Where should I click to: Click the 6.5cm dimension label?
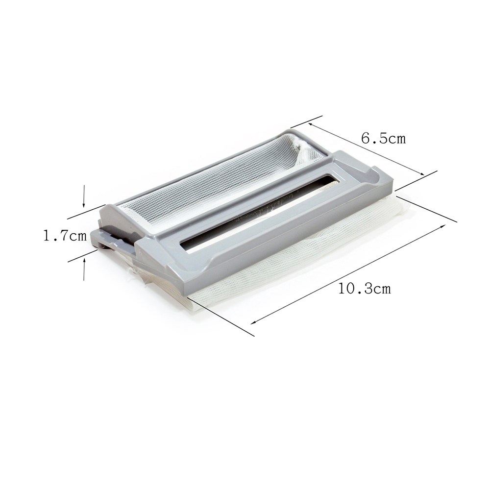tap(384, 138)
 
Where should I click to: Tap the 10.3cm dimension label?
tap(365, 288)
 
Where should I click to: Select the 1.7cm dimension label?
tap(65, 236)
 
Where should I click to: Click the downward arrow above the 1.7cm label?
tap(83, 196)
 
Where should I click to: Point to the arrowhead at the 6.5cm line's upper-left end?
tap(311, 124)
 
